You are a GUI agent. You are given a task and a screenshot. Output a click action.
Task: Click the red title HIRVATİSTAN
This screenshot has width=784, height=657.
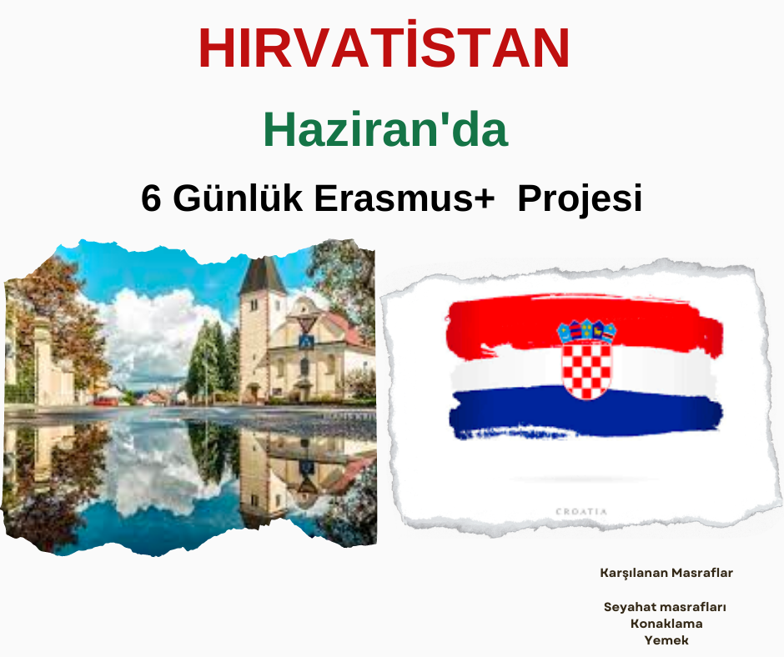384,48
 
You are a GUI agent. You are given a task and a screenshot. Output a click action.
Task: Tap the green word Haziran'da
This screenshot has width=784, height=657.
385,129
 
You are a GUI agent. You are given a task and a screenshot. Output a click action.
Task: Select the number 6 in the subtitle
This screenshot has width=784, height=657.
151,198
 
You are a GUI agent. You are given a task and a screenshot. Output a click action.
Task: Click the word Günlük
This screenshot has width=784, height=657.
238,198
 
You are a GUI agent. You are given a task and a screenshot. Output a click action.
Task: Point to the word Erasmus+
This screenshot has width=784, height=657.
405,198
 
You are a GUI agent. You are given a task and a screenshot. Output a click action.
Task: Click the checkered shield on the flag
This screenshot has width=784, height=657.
586,369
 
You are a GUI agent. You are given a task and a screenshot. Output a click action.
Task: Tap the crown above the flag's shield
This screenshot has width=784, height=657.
586,331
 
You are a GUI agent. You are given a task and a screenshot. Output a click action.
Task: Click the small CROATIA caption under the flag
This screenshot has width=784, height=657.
581,511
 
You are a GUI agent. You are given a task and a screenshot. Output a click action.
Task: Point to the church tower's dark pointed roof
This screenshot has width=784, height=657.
262,276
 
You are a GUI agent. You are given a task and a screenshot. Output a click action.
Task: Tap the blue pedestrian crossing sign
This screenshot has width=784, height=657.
306,342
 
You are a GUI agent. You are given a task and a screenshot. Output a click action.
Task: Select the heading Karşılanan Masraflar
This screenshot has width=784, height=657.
666,573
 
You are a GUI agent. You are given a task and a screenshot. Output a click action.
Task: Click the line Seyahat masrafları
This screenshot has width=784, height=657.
665,607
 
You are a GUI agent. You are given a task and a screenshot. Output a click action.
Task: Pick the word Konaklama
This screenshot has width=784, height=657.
666,624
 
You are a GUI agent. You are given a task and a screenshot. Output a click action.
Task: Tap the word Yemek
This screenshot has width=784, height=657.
666,640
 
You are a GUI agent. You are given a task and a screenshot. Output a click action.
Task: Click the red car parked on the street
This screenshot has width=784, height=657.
105,401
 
